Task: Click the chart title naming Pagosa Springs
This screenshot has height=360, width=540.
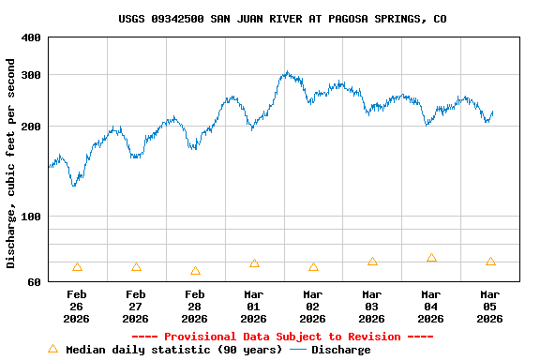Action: (282, 19)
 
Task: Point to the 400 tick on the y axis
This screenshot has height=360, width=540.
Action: (31, 37)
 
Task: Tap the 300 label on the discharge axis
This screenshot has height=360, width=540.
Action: (31, 75)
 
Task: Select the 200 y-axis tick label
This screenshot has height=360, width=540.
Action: (31, 127)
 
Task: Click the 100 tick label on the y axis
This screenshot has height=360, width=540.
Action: (31, 217)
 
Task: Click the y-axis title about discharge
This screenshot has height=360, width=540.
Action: (11, 163)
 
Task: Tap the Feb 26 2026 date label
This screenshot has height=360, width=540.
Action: (77, 307)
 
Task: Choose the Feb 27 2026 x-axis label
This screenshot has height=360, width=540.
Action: (136, 307)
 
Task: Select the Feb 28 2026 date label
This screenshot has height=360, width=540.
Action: (195, 307)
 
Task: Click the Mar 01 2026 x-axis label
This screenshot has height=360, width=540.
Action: (254, 307)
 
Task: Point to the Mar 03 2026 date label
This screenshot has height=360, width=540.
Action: (372, 307)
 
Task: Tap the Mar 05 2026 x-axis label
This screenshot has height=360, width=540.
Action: (490, 307)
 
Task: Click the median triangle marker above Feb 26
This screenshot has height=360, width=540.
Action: (77, 267)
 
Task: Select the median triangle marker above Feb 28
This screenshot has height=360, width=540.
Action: (195, 271)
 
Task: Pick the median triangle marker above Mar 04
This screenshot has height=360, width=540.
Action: (431, 258)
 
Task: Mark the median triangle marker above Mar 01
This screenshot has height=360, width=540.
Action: (254, 263)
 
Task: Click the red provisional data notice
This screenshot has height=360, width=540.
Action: (282, 337)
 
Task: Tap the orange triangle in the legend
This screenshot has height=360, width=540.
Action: (53, 349)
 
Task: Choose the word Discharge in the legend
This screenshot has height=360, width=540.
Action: (340, 350)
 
